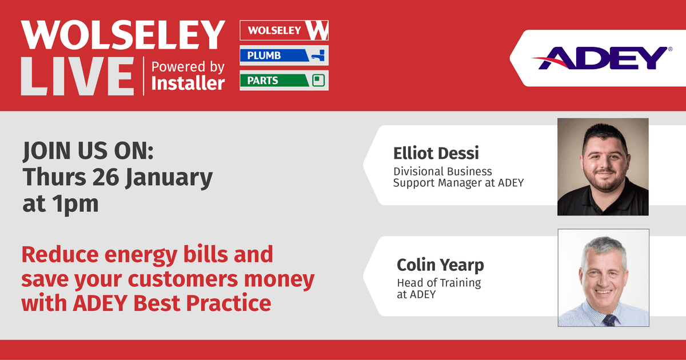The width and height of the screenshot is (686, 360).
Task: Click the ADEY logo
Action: click(x=602, y=58)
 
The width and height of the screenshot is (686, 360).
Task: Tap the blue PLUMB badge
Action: click(x=284, y=55)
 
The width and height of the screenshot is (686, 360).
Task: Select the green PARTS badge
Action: click(x=284, y=81)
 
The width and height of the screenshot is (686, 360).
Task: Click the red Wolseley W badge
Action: click(x=284, y=30)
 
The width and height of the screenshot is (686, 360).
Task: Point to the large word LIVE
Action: click(x=77, y=76)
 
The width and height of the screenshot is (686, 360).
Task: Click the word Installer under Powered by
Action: click(x=188, y=83)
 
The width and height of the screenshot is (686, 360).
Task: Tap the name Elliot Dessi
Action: click(x=436, y=153)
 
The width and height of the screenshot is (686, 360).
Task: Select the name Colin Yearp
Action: click(x=440, y=265)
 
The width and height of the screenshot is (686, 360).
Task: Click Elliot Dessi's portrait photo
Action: click(x=603, y=167)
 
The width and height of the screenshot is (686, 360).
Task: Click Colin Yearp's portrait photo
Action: click(x=603, y=278)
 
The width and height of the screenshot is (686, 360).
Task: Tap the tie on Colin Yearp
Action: click(x=609, y=321)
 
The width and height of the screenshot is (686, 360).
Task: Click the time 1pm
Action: click(x=75, y=203)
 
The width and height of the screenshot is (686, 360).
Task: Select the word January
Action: click(x=169, y=178)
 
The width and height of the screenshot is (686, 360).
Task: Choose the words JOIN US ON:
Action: click(x=88, y=151)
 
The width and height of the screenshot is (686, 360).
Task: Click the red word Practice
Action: click(x=229, y=303)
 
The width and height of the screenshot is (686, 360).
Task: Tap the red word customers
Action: click(x=183, y=279)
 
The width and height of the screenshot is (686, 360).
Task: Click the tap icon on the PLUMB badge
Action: click(x=318, y=55)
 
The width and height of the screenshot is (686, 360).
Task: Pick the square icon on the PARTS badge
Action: click(x=318, y=81)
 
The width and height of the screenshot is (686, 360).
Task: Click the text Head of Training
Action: click(x=439, y=283)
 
